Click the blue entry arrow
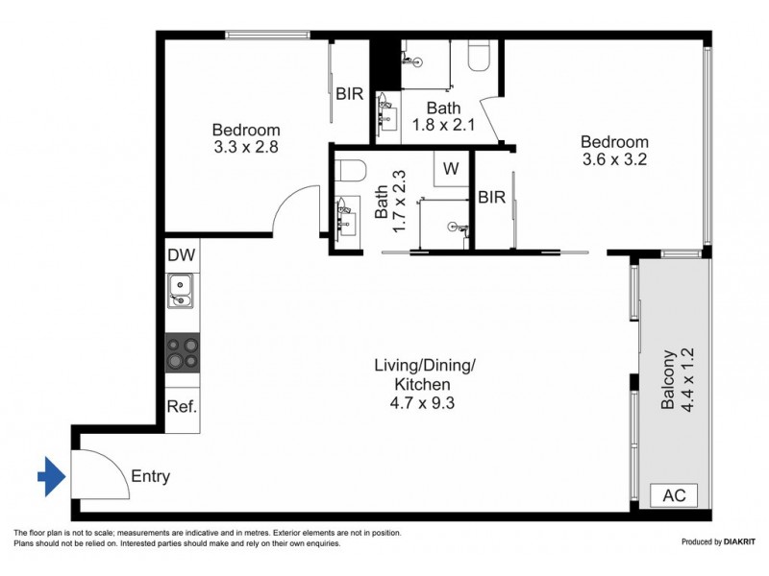50,474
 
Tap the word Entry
150,475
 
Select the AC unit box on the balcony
674,495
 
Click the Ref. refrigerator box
182,406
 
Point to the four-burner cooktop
182,352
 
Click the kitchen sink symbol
181,290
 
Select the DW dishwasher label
181,255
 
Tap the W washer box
450,169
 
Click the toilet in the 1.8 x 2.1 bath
478,58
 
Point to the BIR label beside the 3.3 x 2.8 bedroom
349,94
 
